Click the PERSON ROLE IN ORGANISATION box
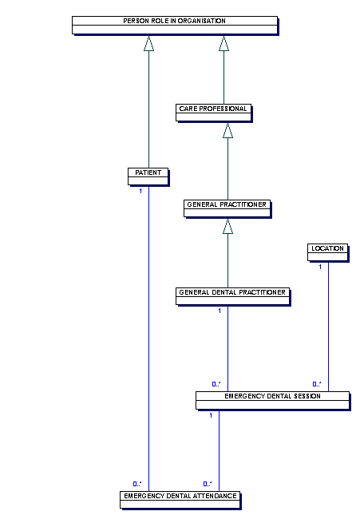pos(175,26)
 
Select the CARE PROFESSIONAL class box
pos(213,113)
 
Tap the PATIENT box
pos(148,176)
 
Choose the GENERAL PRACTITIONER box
pos(227,208)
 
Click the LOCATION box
pos(328,252)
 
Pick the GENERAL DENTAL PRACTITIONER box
pos(232,296)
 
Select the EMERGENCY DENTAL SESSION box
pos(273,401)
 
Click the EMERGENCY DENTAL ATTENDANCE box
pos(180,500)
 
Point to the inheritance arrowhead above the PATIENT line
pos(149,43)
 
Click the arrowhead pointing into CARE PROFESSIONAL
pos(227,130)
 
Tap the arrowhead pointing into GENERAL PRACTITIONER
pos(227,226)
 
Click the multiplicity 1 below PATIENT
pos(140,191)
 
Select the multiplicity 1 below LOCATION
pos(320,267)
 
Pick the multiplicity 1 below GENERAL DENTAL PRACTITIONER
pos(220,311)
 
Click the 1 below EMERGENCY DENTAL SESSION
pos(211,415)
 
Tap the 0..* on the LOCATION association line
pos(317,384)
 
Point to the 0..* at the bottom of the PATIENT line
pos(137,484)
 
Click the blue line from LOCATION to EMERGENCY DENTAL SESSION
pos(329,327)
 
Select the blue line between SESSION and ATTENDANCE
pos(219,450)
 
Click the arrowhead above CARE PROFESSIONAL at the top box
pos(224,43)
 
